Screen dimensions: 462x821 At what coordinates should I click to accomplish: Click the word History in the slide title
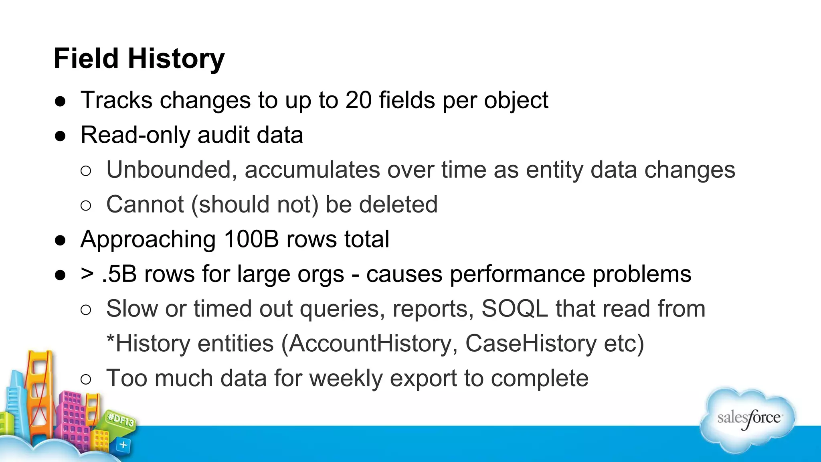[176, 59]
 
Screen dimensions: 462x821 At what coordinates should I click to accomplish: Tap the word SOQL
[514, 309]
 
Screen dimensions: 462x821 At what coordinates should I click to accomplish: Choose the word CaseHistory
[531, 344]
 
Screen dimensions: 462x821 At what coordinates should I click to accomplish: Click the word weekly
[346, 379]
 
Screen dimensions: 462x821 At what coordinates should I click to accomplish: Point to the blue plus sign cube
[123, 445]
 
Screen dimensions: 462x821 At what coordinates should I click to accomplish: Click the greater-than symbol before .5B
[87, 274]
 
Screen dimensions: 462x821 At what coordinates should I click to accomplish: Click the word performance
[518, 274]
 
